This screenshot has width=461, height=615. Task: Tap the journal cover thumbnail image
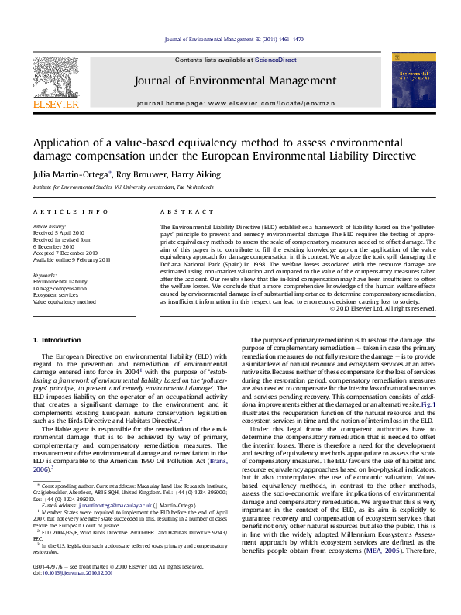(x=408, y=79)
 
